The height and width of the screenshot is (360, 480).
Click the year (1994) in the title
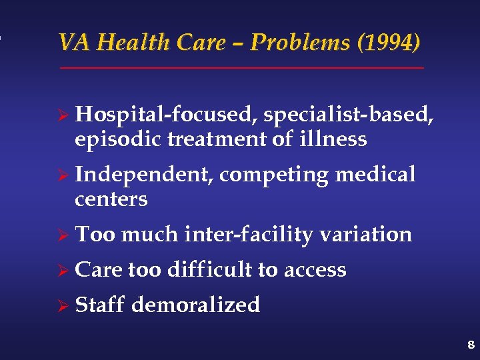(389, 43)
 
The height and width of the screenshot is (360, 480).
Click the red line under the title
(241, 68)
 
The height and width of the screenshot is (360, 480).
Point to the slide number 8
(471, 345)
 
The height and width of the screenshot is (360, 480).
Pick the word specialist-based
(349, 115)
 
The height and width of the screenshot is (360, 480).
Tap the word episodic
(119, 139)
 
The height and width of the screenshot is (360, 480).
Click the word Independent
(143, 175)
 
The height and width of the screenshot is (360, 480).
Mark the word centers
(111, 199)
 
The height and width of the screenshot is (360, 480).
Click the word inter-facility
(250, 235)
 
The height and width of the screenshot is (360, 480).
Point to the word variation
(366, 235)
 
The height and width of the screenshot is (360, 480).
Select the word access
(315, 270)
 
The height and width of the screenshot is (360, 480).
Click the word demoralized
(196, 305)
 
